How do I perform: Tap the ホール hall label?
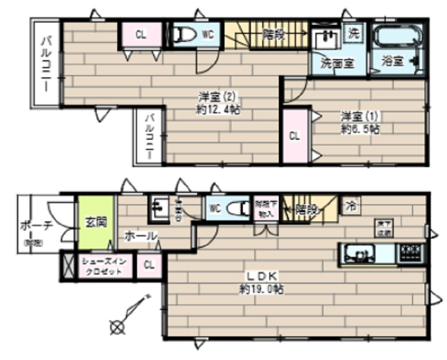point(141,235)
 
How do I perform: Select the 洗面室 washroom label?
point(337,62)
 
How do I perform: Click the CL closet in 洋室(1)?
point(294,136)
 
